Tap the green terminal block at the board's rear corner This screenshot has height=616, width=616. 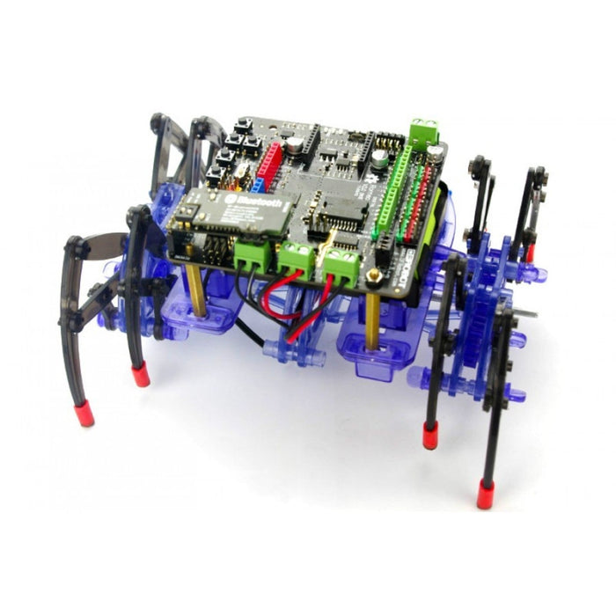pyautogui.click(x=424, y=131)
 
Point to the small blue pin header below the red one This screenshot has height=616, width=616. pyautogui.click(x=259, y=185)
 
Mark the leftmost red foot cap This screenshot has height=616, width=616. pyautogui.click(x=84, y=412)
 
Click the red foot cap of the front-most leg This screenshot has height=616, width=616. pyautogui.click(x=485, y=495)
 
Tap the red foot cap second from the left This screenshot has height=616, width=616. pyautogui.click(x=140, y=376)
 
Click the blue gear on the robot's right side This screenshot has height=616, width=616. pyautogui.click(x=483, y=326)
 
